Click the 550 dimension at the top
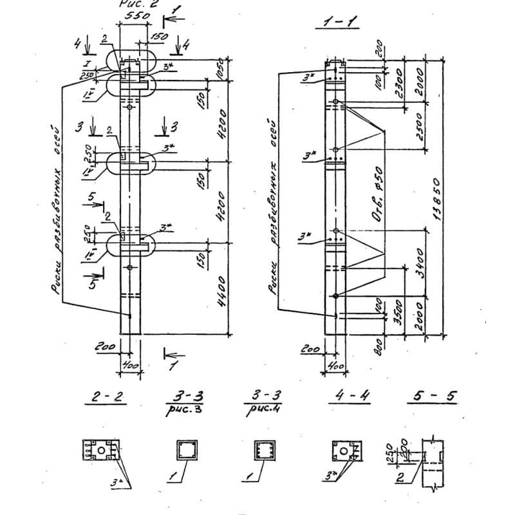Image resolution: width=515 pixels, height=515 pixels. [x=133, y=15]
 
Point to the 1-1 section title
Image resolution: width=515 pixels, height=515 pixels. [x=336, y=24]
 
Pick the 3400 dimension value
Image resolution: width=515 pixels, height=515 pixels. [x=420, y=261]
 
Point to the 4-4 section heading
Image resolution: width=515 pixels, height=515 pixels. [x=347, y=397]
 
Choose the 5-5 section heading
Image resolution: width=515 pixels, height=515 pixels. [x=433, y=397]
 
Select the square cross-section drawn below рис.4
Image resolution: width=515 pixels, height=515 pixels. [x=264, y=450]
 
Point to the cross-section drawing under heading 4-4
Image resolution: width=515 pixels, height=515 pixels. [x=348, y=451]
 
